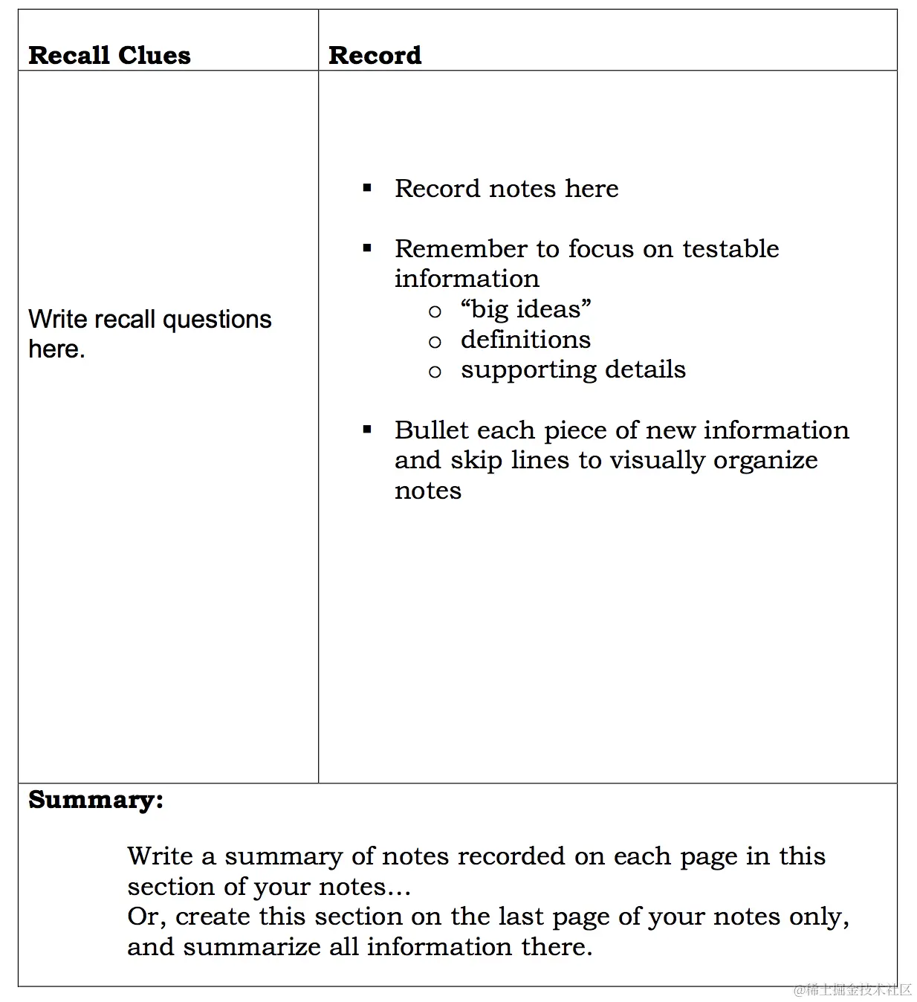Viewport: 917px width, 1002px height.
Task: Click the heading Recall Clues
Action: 109,55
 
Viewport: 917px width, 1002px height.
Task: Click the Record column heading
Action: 375,55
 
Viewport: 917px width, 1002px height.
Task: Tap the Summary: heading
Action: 96,800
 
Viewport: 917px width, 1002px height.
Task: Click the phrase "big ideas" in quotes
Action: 525,308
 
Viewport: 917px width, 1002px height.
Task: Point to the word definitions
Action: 525,340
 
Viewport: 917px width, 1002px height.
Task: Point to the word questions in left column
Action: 217,320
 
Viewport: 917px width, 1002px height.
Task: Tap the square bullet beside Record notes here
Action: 367,188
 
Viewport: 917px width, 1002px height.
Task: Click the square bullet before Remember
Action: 367,248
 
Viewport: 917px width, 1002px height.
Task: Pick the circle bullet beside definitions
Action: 435,342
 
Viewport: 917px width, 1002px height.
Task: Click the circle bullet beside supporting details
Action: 435,372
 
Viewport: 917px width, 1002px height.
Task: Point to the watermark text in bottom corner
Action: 852,989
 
